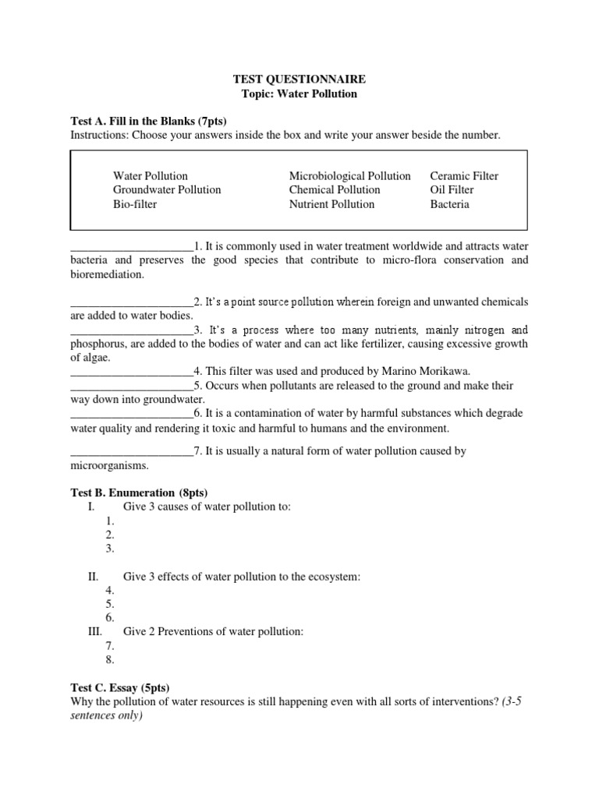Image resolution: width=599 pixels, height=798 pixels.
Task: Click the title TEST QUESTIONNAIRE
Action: coord(299,79)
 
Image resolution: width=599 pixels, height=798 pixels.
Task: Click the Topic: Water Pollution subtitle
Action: coord(299,94)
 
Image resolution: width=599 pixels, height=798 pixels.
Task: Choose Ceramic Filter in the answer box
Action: coord(464,175)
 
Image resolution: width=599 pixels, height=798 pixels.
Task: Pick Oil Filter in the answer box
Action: coord(452,189)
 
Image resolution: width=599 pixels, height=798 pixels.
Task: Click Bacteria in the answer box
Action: coord(450,204)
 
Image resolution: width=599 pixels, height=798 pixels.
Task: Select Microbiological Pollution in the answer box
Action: coord(349,175)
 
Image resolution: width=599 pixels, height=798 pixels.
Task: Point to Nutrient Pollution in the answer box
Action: coord(331,204)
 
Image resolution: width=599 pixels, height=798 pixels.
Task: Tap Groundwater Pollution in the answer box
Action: coord(167,189)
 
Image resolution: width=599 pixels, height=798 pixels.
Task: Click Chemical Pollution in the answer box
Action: coord(335,189)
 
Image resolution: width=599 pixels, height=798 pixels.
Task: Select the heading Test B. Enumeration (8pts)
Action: coord(139,492)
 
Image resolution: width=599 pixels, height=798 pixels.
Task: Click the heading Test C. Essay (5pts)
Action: coord(120,687)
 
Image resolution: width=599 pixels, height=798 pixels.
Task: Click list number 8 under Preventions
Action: coord(110,660)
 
